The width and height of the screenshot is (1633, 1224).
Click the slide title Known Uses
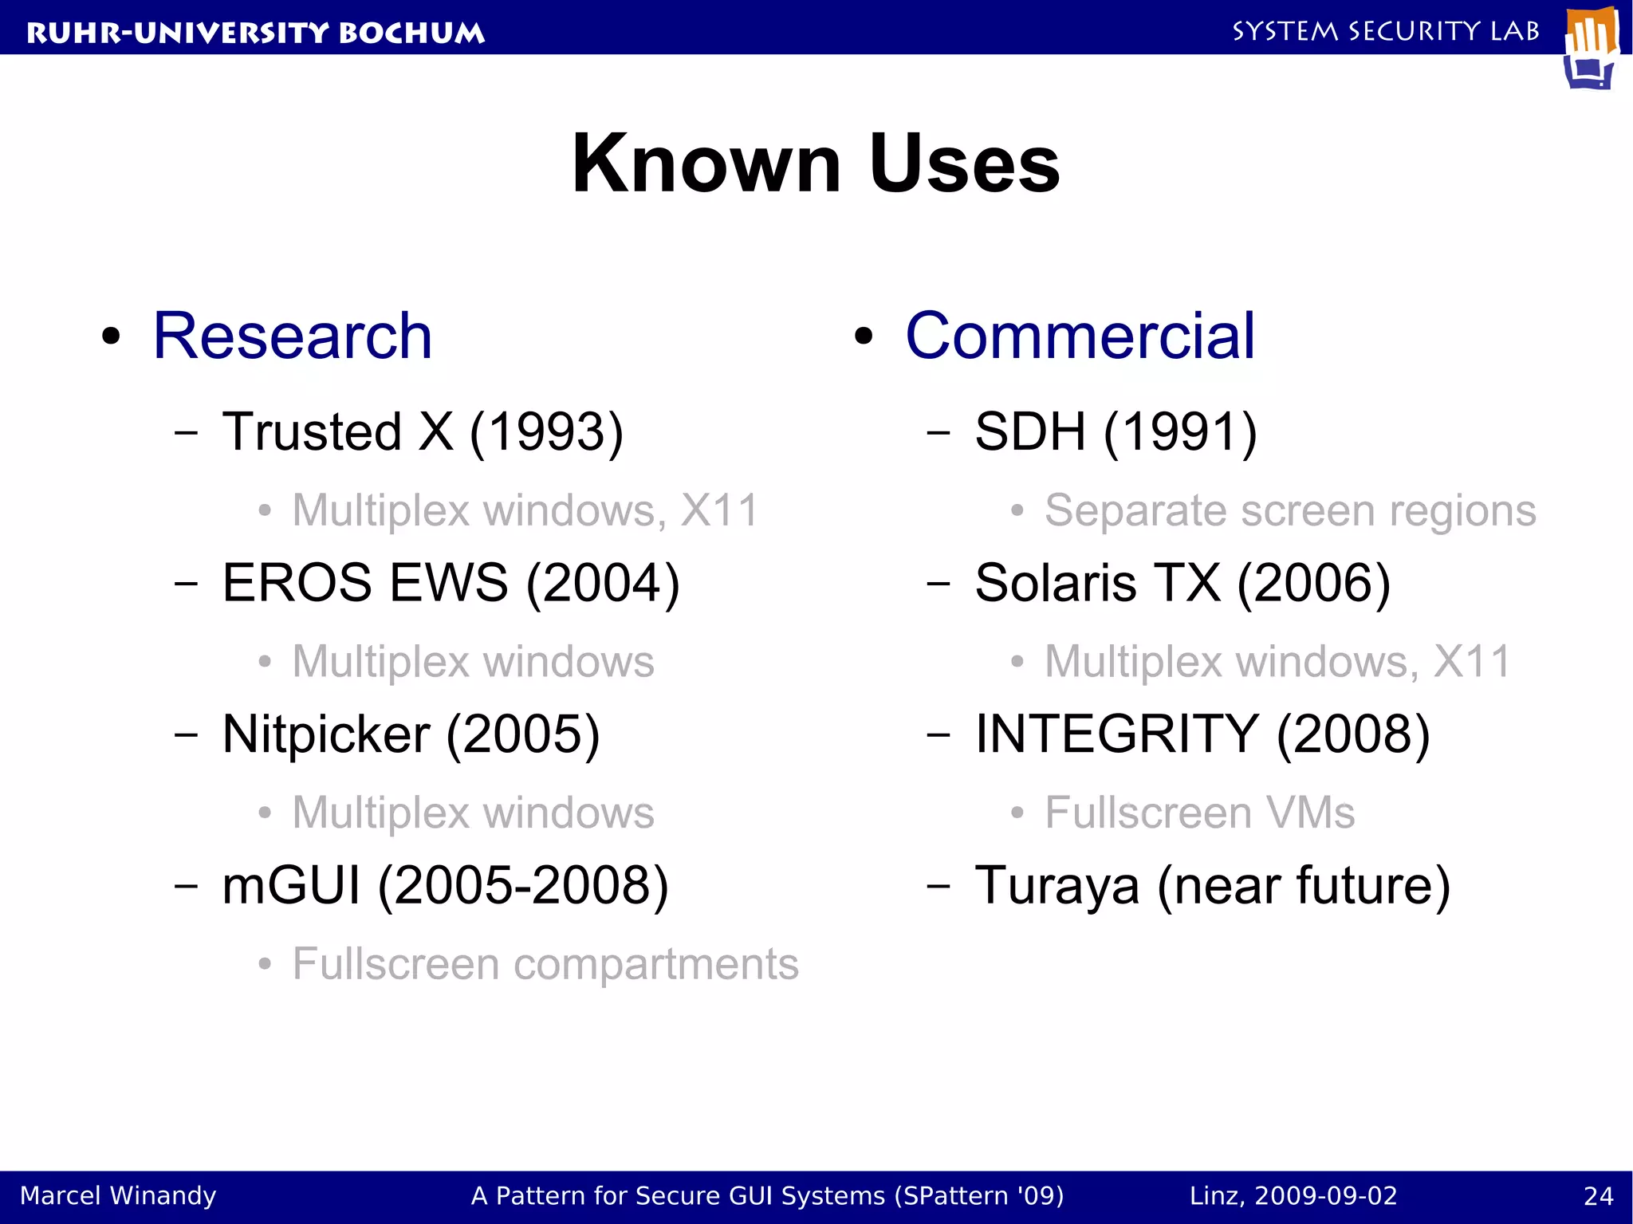pyautogui.click(x=816, y=163)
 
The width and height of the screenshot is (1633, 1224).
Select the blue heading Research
pyautogui.click(x=292, y=337)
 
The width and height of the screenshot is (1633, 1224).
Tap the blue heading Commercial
pyautogui.click(x=1080, y=337)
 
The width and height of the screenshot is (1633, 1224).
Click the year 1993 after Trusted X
pyautogui.click(x=547, y=432)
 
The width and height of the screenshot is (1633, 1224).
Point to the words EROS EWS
pyautogui.click(x=364, y=583)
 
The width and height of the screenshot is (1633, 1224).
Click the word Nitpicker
pyautogui.click(x=325, y=734)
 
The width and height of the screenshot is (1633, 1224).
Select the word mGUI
pyautogui.click(x=291, y=886)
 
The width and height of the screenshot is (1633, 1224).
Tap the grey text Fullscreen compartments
pyautogui.click(x=545, y=964)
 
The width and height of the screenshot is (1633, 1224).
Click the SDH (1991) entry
pyautogui.click(x=1115, y=432)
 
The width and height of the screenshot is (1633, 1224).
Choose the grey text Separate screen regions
pyautogui.click(x=1289, y=510)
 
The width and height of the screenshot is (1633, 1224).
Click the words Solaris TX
pyautogui.click(x=1097, y=583)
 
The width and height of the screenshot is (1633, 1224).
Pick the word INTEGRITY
pyautogui.click(x=1116, y=734)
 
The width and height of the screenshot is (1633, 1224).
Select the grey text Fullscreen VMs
pyautogui.click(x=1199, y=813)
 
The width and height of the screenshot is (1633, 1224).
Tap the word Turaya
pyautogui.click(x=1057, y=886)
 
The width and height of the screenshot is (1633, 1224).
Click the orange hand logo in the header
pyautogui.click(x=1592, y=46)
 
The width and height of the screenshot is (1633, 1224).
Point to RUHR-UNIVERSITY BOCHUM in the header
pyautogui.click(x=255, y=33)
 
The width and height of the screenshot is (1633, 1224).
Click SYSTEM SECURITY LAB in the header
pyautogui.click(x=1386, y=31)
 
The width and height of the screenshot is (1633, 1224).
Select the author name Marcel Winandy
pyautogui.click(x=118, y=1196)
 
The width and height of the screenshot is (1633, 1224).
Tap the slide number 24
pyautogui.click(x=1598, y=1196)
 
